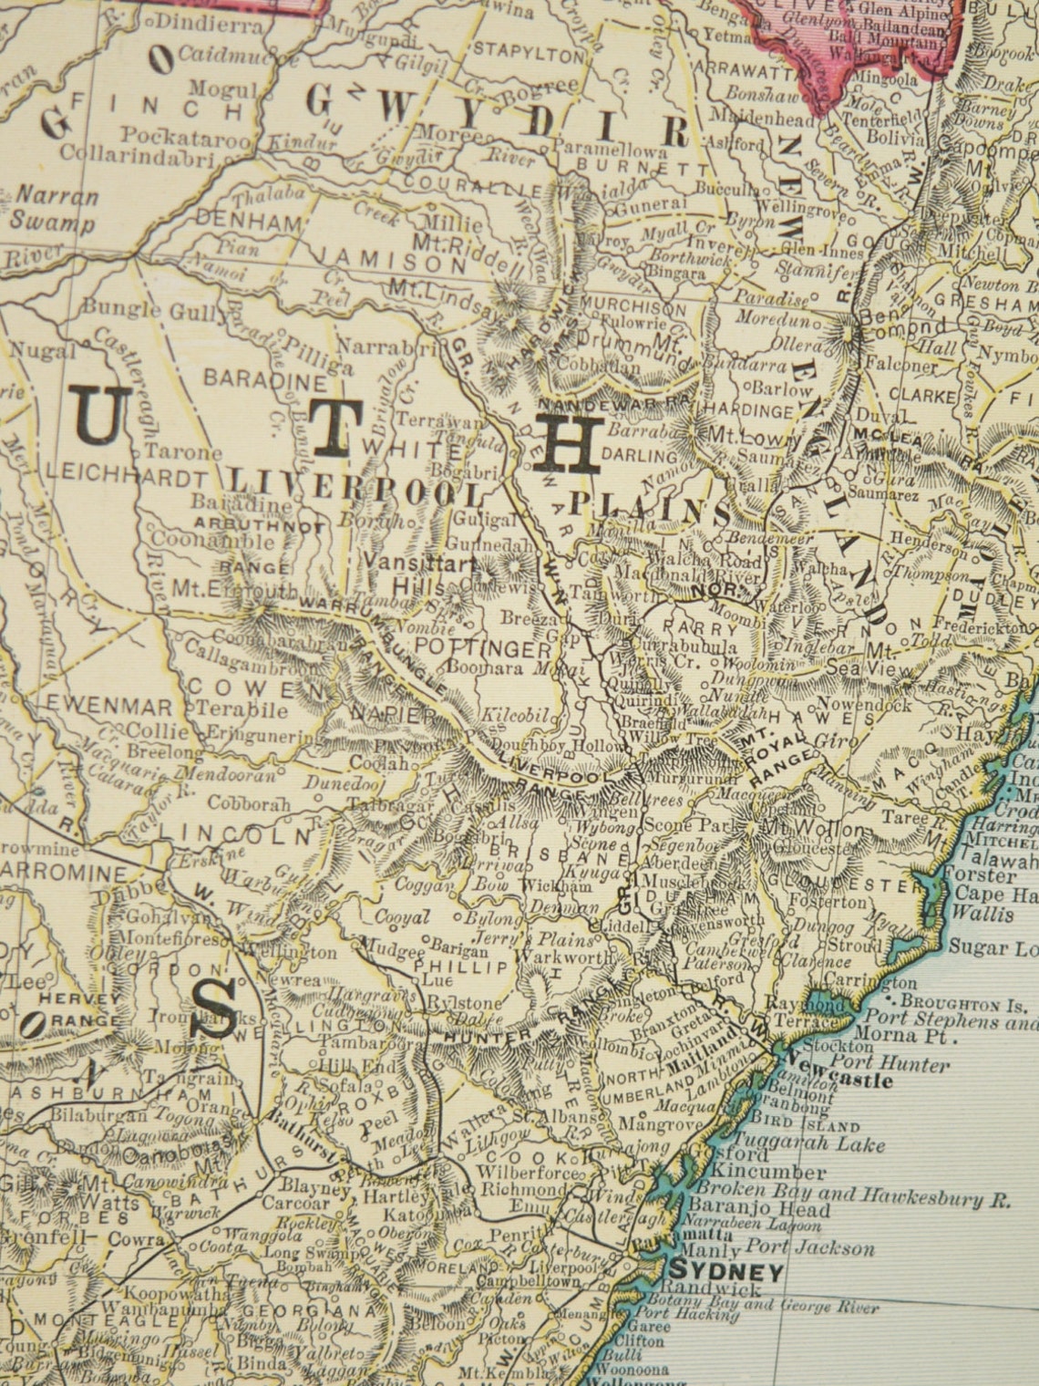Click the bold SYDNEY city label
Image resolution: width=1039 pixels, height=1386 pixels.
point(725,1271)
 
